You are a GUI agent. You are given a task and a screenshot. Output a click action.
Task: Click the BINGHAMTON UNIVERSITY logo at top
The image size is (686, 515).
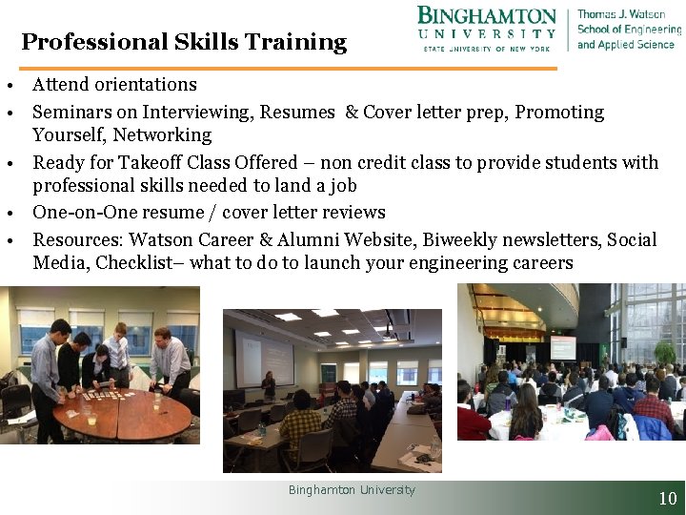[x=487, y=29]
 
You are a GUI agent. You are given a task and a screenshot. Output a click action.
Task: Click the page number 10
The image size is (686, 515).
[x=668, y=498]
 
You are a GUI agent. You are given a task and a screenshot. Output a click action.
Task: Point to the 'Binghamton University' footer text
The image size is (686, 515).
[x=352, y=490]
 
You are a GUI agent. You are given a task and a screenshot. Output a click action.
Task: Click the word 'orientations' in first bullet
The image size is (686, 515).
[x=146, y=85]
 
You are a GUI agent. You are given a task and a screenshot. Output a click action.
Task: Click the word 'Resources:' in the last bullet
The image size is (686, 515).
[x=78, y=238]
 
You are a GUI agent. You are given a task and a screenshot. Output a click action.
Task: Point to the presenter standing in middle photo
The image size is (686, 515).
[x=269, y=384]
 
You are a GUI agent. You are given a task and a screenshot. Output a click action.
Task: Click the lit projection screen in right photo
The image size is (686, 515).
[x=562, y=346]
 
